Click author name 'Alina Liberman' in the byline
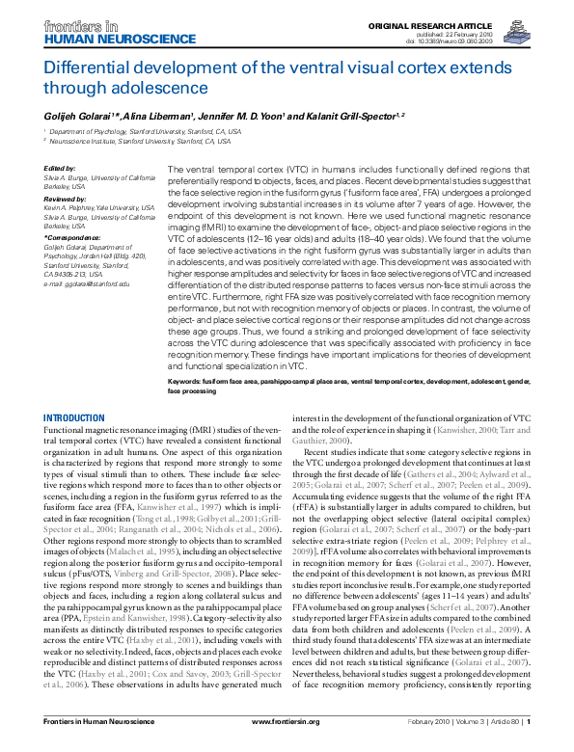pyautogui.click(x=152, y=115)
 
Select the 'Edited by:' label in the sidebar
pyautogui.click(x=61, y=169)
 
